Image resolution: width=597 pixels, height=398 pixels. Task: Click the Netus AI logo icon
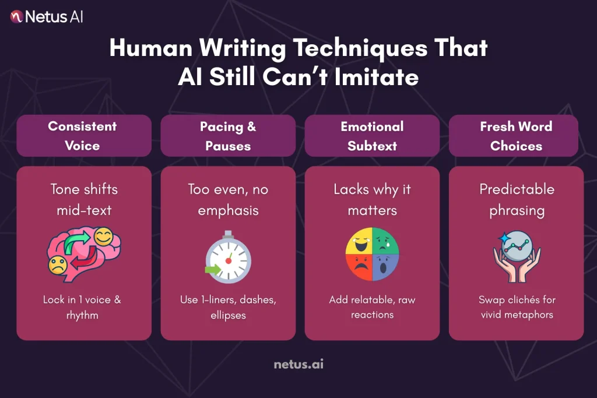coord(16,16)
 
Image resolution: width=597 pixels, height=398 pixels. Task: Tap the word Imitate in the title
coord(380,77)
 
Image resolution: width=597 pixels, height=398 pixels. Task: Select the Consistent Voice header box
coord(83,136)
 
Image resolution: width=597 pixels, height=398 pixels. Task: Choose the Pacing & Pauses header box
coord(227,136)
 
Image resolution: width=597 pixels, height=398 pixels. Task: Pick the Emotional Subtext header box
coord(371,136)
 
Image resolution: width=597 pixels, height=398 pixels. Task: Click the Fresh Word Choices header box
coord(515,136)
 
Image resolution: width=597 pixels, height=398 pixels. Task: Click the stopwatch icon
coord(228,256)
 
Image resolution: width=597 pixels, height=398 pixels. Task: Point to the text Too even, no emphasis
coord(228,199)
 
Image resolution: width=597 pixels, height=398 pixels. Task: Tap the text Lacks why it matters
coord(372,199)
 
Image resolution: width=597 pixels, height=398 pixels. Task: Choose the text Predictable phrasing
coord(517,199)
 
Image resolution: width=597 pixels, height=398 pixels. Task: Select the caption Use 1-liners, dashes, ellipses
coord(228,307)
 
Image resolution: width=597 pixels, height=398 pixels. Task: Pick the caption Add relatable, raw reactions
coord(372,307)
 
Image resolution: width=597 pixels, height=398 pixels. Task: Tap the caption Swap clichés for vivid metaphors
coord(517,307)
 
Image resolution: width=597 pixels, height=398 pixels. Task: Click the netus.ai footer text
coord(298,365)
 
